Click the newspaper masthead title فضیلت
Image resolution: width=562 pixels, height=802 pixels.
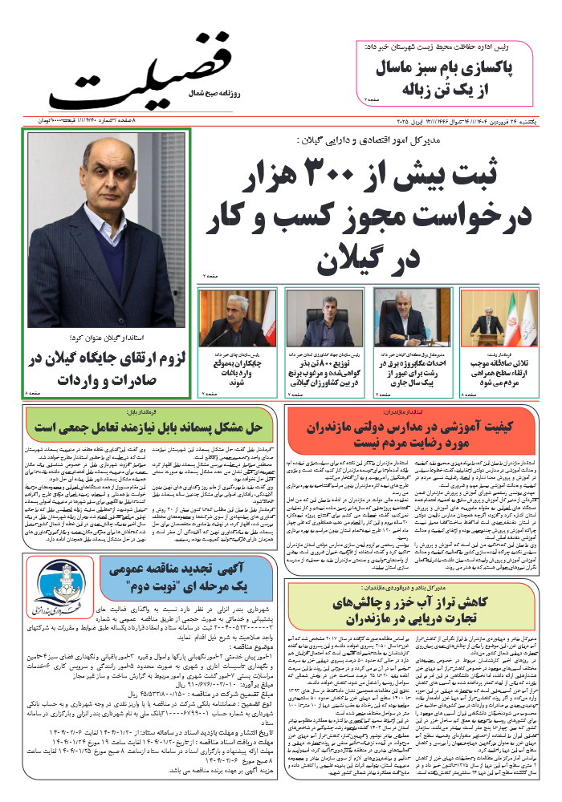pos(153,68)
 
